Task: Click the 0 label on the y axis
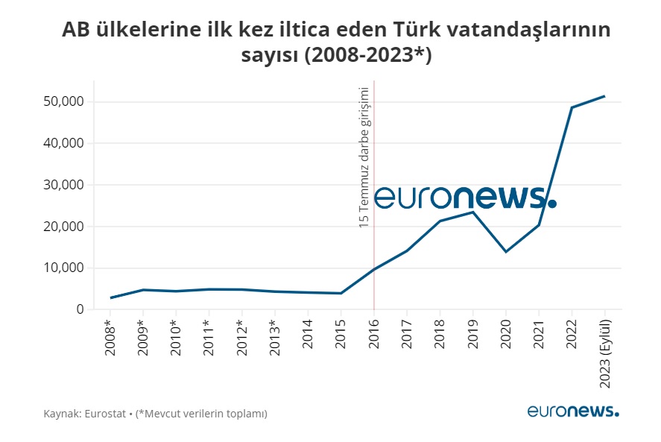point(79,309)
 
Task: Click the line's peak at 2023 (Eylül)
point(604,96)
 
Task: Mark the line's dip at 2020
point(506,251)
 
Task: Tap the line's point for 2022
point(572,107)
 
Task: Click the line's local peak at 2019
point(472,212)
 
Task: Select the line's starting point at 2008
point(111,298)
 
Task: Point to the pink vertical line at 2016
point(374,261)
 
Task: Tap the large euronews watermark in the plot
point(464,197)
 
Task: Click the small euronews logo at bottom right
point(572,411)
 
